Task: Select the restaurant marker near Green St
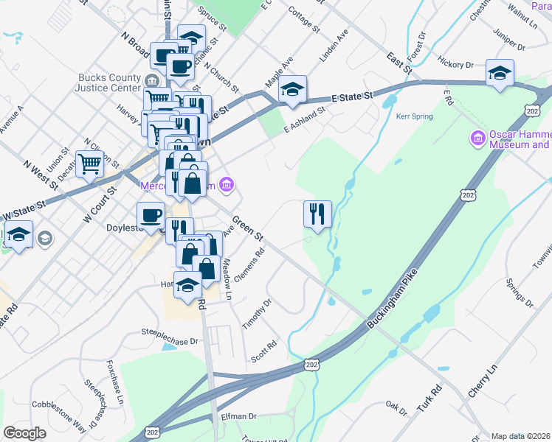[317, 215]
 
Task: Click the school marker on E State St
[292, 90]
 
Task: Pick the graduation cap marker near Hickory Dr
[500, 74]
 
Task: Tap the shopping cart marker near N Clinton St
[90, 165]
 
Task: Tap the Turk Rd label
[428, 399]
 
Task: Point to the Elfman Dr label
[238, 416]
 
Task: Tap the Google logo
[25, 432]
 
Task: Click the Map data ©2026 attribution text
[520, 436]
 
